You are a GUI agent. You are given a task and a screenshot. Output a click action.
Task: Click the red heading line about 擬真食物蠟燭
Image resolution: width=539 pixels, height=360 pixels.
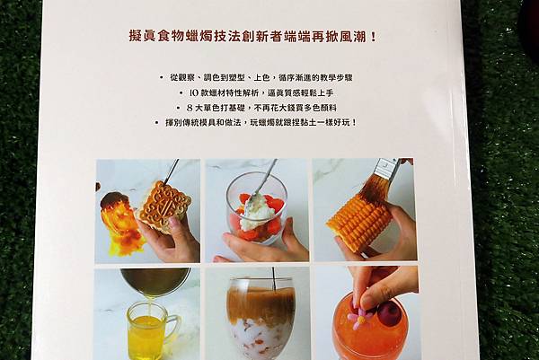(x=252, y=37)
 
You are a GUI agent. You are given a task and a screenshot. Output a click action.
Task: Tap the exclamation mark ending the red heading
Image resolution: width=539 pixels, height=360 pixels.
(x=374, y=37)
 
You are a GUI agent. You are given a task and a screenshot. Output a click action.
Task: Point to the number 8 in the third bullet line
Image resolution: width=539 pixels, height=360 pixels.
(x=189, y=108)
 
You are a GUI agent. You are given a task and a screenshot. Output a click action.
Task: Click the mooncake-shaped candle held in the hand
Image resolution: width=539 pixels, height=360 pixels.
(x=164, y=207)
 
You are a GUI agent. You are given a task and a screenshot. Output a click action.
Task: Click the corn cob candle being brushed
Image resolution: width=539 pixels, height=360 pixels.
(x=358, y=220)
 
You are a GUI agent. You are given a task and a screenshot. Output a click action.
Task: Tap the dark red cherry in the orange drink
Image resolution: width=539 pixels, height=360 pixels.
(x=388, y=311)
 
